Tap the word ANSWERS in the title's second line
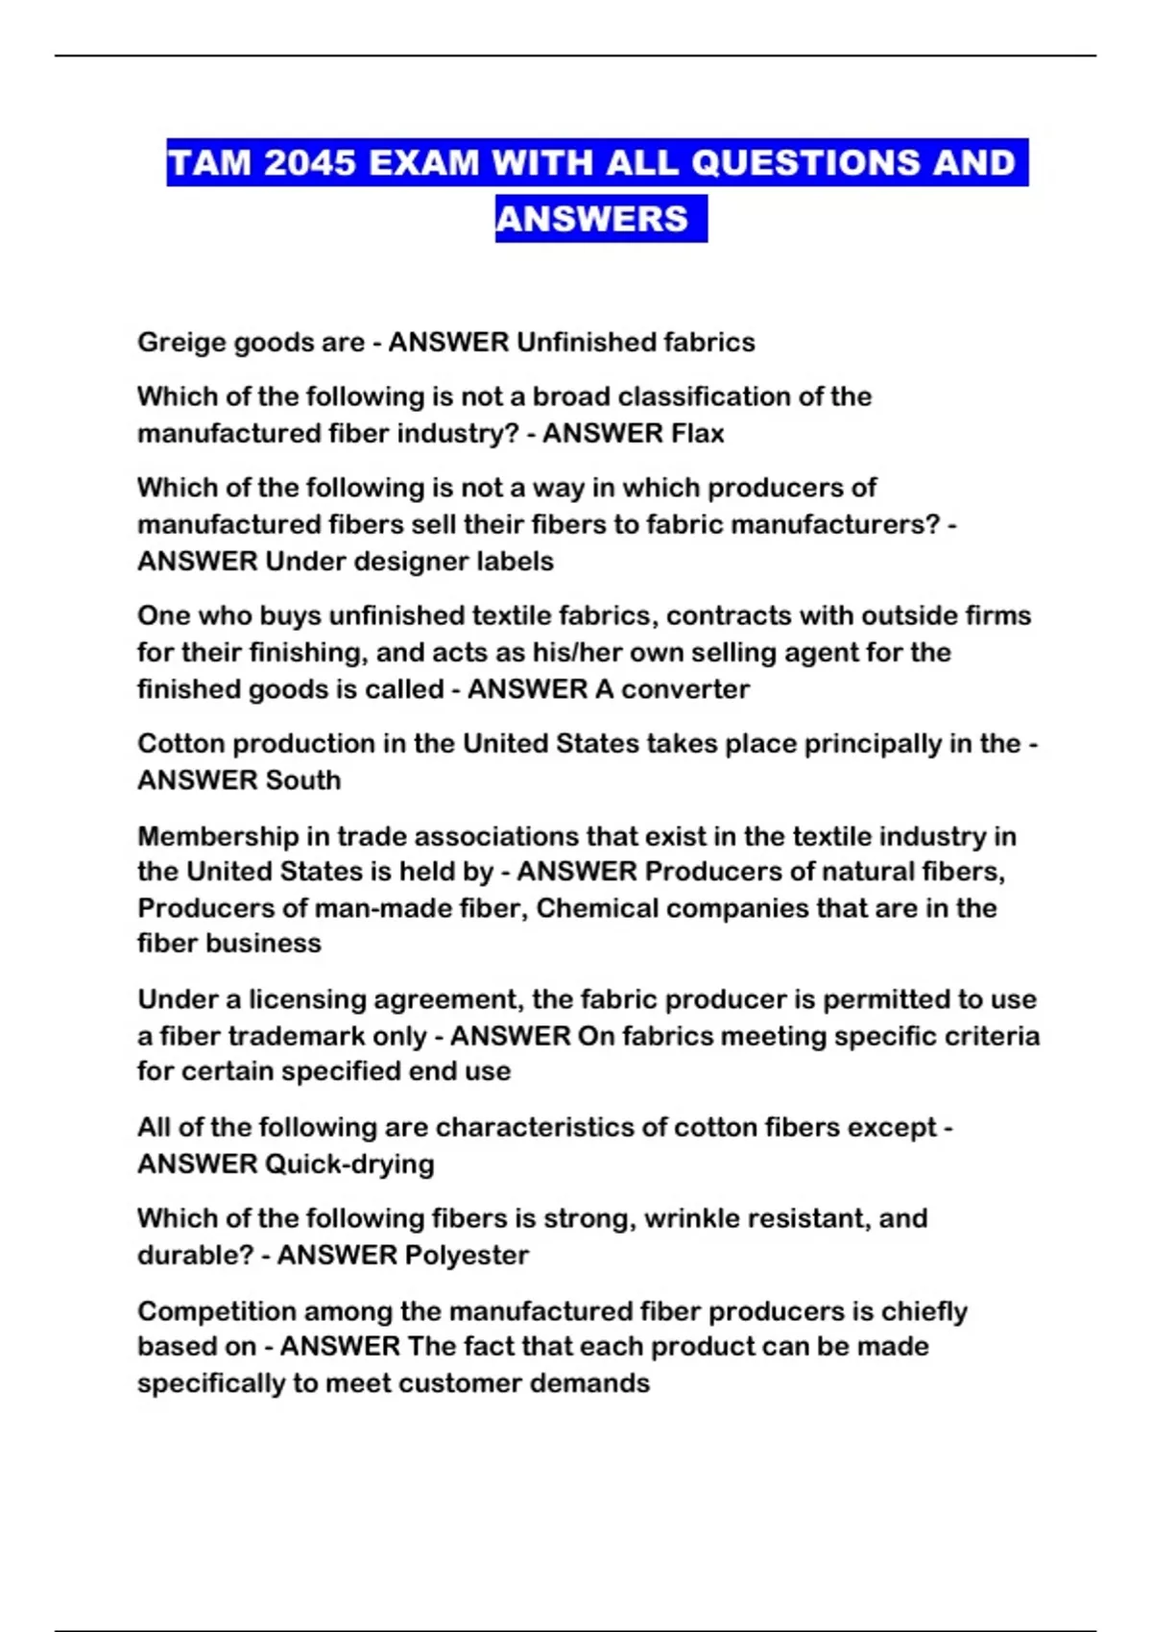[x=592, y=219]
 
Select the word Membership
[x=218, y=836]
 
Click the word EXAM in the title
[x=422, y=162]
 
